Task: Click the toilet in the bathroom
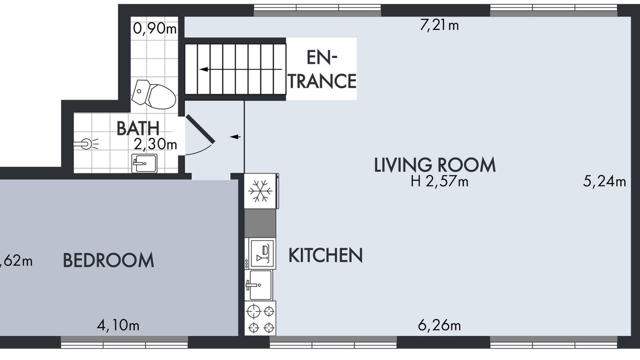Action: coord(153,94)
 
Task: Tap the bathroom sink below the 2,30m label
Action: coord(144,163)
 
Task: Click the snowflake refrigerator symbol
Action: coord(261,190)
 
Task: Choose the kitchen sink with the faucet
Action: coord(258,285)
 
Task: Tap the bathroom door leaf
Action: coord(200,129)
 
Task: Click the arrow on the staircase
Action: coord(240,69)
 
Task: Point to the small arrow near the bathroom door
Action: coord(235,137)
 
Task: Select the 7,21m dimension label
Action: coord(439,25)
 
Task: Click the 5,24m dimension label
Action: coord(604,181)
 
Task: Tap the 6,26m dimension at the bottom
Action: coord(439,325)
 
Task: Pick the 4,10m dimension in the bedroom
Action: coord(118,325)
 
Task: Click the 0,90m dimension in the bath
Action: coord(154,28)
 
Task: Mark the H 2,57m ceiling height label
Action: coord(439,181)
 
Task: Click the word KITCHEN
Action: coord(325,255)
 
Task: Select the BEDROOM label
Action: coord(108,260)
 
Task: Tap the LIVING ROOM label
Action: coord(434,164)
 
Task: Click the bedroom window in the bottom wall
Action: coord(124,342)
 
